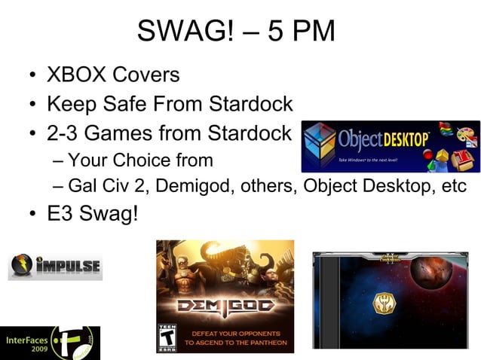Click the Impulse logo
(55, 266)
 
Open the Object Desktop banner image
(390, 146)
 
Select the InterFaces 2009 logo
(50, 343)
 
